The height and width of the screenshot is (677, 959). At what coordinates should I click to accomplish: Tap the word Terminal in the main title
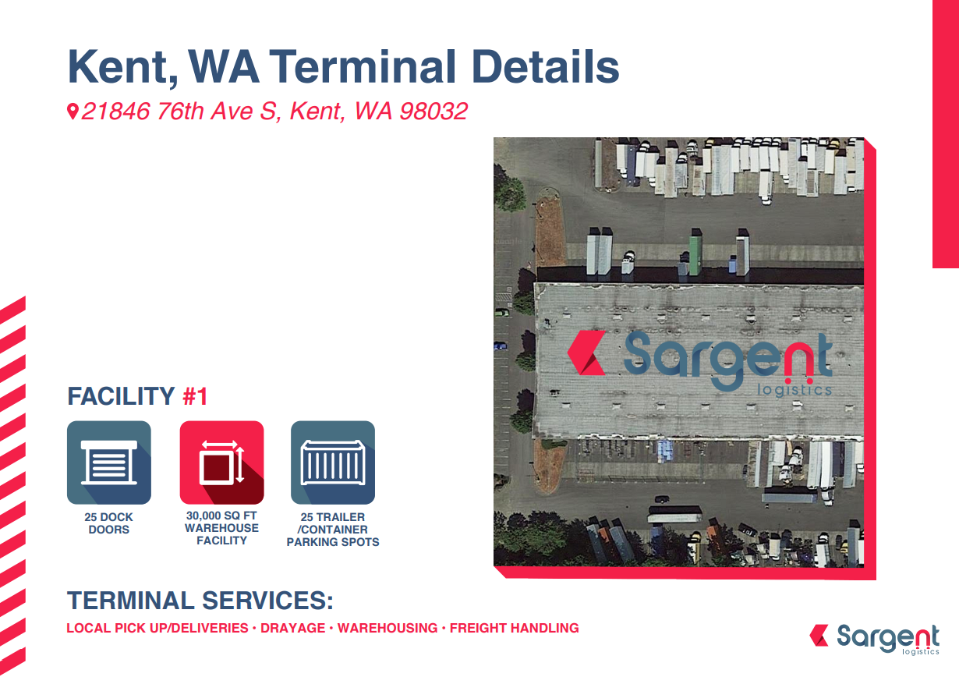click(363, 66)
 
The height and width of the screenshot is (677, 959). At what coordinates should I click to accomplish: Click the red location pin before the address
click(73, 112)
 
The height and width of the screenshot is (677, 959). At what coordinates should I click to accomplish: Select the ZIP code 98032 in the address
click(433, 112)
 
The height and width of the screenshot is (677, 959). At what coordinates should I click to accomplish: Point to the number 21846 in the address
click(115, 112)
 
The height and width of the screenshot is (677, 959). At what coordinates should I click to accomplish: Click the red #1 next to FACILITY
click(195, 396)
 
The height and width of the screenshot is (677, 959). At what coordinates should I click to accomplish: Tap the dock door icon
click(109, 463)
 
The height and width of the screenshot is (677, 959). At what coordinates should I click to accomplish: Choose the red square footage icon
click(221, 463)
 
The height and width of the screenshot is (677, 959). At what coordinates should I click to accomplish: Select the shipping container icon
click(333, 463)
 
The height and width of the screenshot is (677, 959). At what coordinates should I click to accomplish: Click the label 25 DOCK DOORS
click(108, 523)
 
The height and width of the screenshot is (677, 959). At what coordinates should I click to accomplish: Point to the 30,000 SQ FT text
click(221, 516)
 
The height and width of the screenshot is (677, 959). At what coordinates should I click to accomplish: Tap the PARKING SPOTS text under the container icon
click(333, 542)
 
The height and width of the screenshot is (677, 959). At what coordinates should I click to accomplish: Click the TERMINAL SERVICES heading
click(200, 601)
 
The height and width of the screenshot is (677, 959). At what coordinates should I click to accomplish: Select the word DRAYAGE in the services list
click(293, 628)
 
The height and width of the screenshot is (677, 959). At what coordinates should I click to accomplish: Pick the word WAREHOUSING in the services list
click(387, 628)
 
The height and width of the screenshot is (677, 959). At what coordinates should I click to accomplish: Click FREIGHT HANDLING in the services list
click(514, 628)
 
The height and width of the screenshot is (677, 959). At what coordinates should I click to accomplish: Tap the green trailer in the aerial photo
click(695, 252)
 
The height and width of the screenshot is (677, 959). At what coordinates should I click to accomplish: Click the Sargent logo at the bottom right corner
click(874, 639)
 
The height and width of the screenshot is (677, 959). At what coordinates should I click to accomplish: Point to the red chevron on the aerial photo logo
click(586, 353)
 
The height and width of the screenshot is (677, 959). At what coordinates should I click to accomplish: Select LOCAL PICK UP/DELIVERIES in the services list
click(157, 628)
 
